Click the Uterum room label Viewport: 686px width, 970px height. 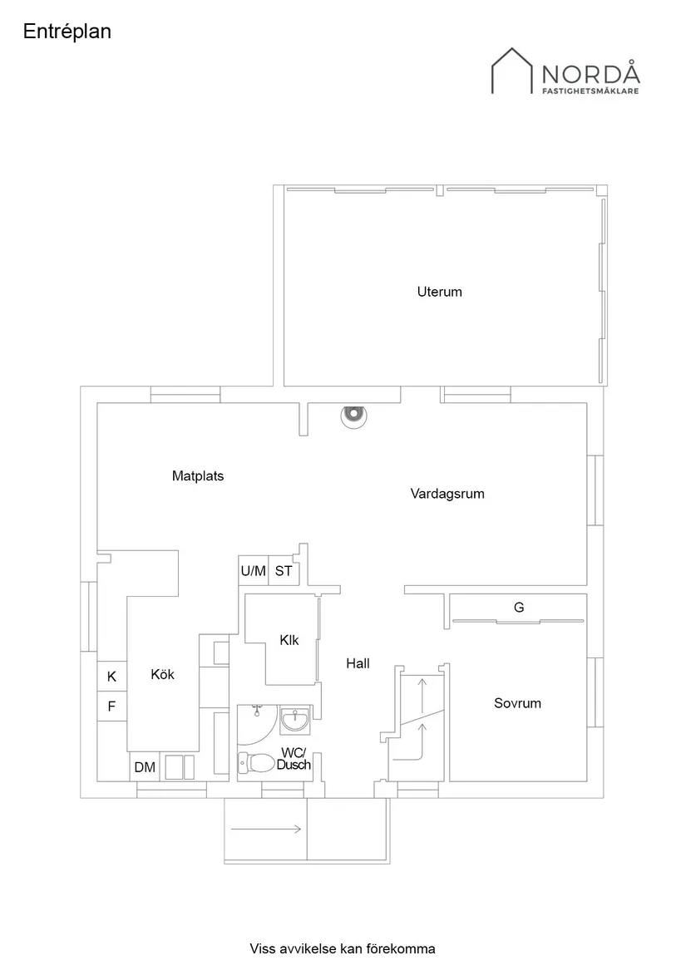pyautogui.click(x=439, y=292)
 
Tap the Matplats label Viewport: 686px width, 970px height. pyautogui.click(x=198, y=476)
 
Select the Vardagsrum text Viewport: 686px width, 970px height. pyautogui.click(x=447, y=494)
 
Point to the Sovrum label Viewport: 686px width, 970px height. pyautogui.click(x=517, y=703)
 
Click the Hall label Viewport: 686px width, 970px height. pyautogui.click(x=358, y=663)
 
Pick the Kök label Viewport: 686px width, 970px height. pyautogui.click(x=162, y=675)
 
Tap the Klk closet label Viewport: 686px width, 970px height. pyautogui.click(x=289, y=640)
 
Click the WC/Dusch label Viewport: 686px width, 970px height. pyautogui.click(x=293, y=759)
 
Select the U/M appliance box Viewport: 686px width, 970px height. pyautogui.click(x=253, y=571)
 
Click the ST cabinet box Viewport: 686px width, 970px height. pyautogui.click(x=284, y=571)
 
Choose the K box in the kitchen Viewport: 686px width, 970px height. pyautogui.click(x=111, y=677)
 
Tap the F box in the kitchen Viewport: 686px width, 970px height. pyautogui.click(x=111, y=707)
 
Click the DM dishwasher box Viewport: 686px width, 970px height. pyautogui.click(x=145, y=767)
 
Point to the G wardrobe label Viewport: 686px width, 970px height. pyautogui.click(x=519, y=608)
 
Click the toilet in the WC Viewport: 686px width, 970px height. pyautogui.click(x=258, y=761)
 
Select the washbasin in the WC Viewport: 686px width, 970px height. pyautogui.click(x=295, y=719)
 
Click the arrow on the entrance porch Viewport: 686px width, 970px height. pyautogui.click(x=266, y=829)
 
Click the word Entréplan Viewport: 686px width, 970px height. pyautogui.click(x=67, y=32)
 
